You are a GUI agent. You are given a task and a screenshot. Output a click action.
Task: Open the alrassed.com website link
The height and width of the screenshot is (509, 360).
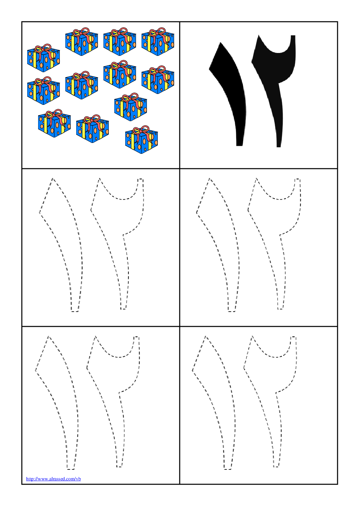[53, 479]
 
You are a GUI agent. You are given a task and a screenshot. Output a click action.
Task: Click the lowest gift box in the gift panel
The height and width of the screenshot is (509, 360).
[142, 140]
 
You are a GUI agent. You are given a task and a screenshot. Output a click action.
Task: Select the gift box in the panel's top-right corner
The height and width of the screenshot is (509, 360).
[158, 42]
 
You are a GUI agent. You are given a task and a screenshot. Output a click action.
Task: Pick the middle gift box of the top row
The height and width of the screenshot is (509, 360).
[119, 42]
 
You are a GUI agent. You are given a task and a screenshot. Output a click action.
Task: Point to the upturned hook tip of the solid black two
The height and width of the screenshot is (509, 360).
[293, 36]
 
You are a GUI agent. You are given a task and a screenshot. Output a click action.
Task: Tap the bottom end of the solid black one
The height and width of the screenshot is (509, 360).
[240, 145]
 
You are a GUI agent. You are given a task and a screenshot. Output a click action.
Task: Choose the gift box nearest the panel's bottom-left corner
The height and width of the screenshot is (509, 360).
[54, 123]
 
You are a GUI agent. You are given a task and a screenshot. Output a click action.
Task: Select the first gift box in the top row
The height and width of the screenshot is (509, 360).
[82, 42]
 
